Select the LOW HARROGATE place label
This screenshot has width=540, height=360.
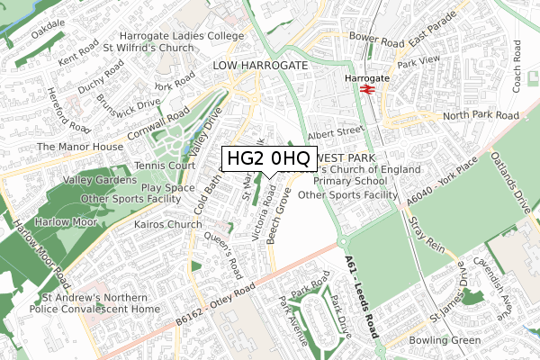260,66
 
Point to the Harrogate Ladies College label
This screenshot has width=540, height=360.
187,35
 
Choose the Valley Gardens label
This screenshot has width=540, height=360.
67,179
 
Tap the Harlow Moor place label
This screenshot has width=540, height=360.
62,220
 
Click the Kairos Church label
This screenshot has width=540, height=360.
167,224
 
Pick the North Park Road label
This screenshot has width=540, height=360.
481,115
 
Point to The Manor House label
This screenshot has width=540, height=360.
79,146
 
